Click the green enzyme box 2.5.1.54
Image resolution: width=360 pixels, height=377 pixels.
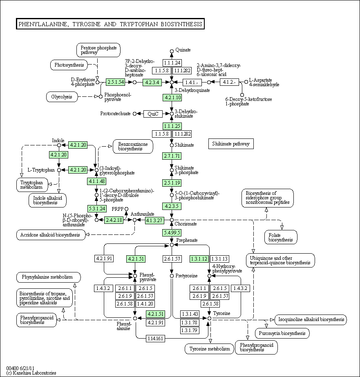116,82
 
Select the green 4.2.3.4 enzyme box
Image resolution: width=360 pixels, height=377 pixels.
152,82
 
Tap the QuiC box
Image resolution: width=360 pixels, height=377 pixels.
153,114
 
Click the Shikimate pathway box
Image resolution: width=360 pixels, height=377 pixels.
231,144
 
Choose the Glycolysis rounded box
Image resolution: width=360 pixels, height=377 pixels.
62,97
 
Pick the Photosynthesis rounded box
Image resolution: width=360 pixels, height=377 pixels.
69,65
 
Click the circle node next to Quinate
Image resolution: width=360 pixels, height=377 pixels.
172,51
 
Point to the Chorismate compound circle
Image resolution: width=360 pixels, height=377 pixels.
172,220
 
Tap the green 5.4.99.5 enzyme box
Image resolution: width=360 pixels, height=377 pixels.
172,232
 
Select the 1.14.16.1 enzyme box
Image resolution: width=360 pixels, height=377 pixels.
155,339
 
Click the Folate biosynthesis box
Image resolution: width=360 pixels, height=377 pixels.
281,237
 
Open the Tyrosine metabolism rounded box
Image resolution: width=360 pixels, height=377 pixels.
210,349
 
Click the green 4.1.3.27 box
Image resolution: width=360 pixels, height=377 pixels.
154,220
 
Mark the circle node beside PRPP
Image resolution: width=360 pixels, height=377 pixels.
127,209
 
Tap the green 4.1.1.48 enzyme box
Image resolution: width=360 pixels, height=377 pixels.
97,181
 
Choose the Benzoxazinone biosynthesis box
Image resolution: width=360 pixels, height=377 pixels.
133,146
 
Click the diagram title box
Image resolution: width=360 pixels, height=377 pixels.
110,24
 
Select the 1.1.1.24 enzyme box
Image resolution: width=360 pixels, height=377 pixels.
172,63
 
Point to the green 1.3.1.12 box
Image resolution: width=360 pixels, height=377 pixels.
199,259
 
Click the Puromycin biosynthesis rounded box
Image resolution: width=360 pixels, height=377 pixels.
282,333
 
